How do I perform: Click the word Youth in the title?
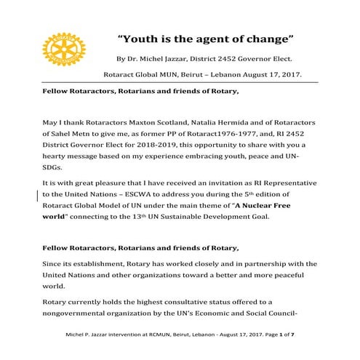click(x=143, y=36)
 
